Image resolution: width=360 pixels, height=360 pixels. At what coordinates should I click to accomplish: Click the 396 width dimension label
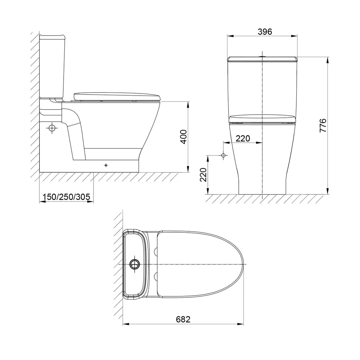click(x=265, y=32)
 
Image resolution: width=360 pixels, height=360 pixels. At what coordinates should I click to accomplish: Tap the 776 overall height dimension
click(x=323, y=126)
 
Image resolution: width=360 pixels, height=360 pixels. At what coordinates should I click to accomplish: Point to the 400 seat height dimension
click(x=184, y=137)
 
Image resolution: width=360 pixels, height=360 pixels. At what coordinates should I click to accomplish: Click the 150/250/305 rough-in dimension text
click(x=67, y=197)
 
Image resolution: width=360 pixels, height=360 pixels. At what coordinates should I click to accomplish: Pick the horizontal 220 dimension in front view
click(x=243, y=139)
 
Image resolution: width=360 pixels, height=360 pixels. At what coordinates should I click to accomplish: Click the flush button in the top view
click(x=134, y=264)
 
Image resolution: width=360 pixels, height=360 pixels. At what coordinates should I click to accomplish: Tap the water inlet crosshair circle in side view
click(x=52, y=128)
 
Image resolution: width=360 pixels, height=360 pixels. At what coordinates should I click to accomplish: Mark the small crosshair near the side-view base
click(x=106, y=165)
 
